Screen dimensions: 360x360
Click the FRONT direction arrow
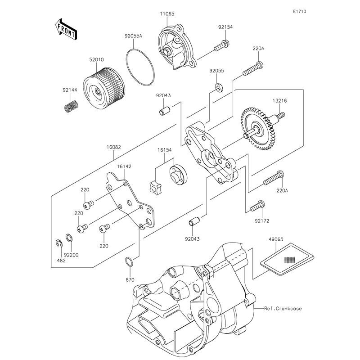(65, 28)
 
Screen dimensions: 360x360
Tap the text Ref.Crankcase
(283, 309)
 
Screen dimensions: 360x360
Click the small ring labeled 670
(128, 261)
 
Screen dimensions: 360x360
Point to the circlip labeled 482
(59, 244)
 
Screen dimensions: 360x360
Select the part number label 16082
(113, 147)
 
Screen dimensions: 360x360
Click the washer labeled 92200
(67, 238)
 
